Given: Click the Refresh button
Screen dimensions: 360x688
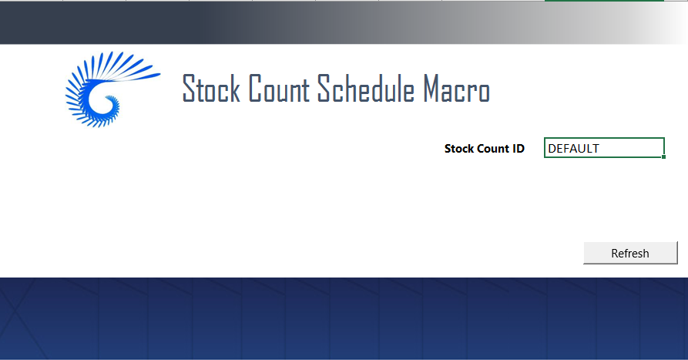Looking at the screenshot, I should point(630,253).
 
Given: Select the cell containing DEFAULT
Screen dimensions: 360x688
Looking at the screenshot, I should point(604,148).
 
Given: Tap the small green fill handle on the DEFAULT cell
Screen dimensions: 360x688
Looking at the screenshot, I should point(663,156).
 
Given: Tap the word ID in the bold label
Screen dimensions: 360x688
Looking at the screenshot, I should point(519,149).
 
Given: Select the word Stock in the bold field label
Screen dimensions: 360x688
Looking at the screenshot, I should point(460,149).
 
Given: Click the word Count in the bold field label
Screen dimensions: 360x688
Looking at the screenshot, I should point(494,149).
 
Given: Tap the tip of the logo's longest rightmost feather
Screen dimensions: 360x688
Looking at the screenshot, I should point(158,75).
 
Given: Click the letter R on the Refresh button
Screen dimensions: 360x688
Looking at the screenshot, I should point(615,253).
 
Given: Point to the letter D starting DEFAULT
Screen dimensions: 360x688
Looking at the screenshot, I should point(552,149).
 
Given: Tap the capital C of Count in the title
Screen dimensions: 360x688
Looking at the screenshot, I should point(257,90).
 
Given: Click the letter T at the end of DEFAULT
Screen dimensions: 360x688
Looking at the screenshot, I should point(596,149).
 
